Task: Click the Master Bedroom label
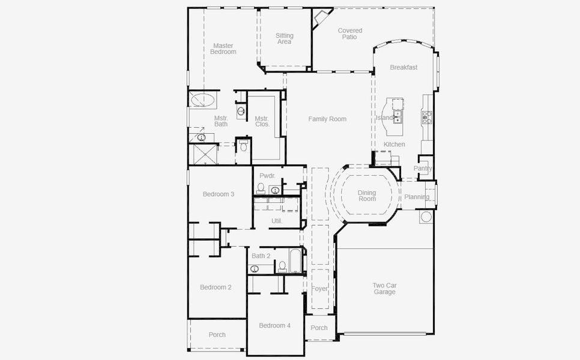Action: [223, 49]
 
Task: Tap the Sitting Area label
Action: [285, 39]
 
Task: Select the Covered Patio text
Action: [349, 34]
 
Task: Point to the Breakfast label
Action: [403, 67]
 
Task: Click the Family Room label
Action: [327, 119]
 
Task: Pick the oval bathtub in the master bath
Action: [204, 100]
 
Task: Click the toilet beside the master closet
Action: [243, 145]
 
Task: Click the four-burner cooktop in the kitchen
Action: [427, 116]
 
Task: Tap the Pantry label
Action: [423, 169]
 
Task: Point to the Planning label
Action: [417, 197]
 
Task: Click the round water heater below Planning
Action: [426, 216]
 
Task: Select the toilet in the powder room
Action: [261, 188]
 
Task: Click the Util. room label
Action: [277, 221]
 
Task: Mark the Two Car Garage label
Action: [384, 289]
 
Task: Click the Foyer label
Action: [319, 289]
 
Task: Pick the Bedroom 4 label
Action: [274, 325]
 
